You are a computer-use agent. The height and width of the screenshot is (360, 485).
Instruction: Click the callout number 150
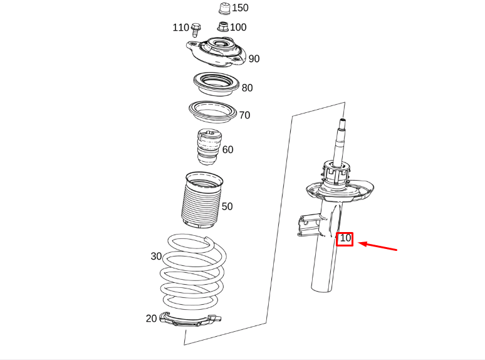tap(240, 8)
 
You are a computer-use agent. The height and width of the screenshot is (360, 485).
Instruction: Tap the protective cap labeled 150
tap(223, 8)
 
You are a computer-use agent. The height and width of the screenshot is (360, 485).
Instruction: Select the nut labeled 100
tap(223, 26)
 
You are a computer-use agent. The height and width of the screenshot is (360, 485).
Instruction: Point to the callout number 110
tap(180, 28)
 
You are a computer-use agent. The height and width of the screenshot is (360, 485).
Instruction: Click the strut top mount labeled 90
tap(215, 53)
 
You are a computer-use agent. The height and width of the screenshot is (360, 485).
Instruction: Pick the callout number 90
tap(254, 59)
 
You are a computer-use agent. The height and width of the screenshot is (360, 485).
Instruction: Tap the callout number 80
tap(247, 88)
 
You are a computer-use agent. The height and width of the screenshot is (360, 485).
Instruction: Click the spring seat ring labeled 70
tap(213, 111)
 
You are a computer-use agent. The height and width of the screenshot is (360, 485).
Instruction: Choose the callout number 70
tap(244, 115)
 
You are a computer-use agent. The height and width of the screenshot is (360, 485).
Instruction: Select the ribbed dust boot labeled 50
tap(201, 201)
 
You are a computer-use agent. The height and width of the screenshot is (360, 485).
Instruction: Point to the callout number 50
tap(227, 206)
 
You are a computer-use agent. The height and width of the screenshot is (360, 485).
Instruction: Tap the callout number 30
tap(156, 257)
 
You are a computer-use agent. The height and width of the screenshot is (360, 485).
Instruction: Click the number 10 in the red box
tap(345, 238)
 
